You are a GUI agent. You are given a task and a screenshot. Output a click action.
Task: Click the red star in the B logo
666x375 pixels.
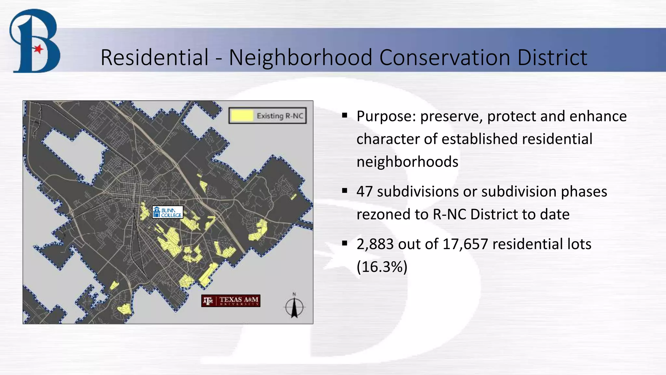[x=38, y=49]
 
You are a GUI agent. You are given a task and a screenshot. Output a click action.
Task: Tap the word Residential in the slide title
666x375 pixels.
[x=154, y=58]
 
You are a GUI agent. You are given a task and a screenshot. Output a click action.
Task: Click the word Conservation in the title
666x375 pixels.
[x=445, y=58]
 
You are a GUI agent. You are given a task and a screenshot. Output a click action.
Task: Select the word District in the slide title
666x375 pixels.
[x=552, y=58]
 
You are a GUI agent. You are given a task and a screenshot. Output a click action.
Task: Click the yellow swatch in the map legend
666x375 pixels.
[x=242, y=116]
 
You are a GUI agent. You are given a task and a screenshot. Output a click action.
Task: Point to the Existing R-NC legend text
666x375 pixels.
[x=280, y=116]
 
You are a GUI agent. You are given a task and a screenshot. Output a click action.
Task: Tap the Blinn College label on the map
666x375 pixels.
[x=168, y=212]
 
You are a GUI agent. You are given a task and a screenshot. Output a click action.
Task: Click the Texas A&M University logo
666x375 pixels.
[x=231, y=301]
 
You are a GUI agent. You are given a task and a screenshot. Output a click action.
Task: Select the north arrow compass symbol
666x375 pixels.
[x=294, y=306]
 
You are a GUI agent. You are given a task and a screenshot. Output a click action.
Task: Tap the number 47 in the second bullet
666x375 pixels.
[x=365, y=191]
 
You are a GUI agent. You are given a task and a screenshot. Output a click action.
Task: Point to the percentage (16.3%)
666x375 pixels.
[x=382, y=267]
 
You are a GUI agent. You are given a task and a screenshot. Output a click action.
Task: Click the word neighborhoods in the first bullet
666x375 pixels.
[x=407, y=162]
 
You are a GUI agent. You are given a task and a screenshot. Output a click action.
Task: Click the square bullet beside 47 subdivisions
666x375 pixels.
[x=345, y=190]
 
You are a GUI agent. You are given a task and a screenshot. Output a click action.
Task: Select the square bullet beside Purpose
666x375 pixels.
[x=345, y=115]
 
